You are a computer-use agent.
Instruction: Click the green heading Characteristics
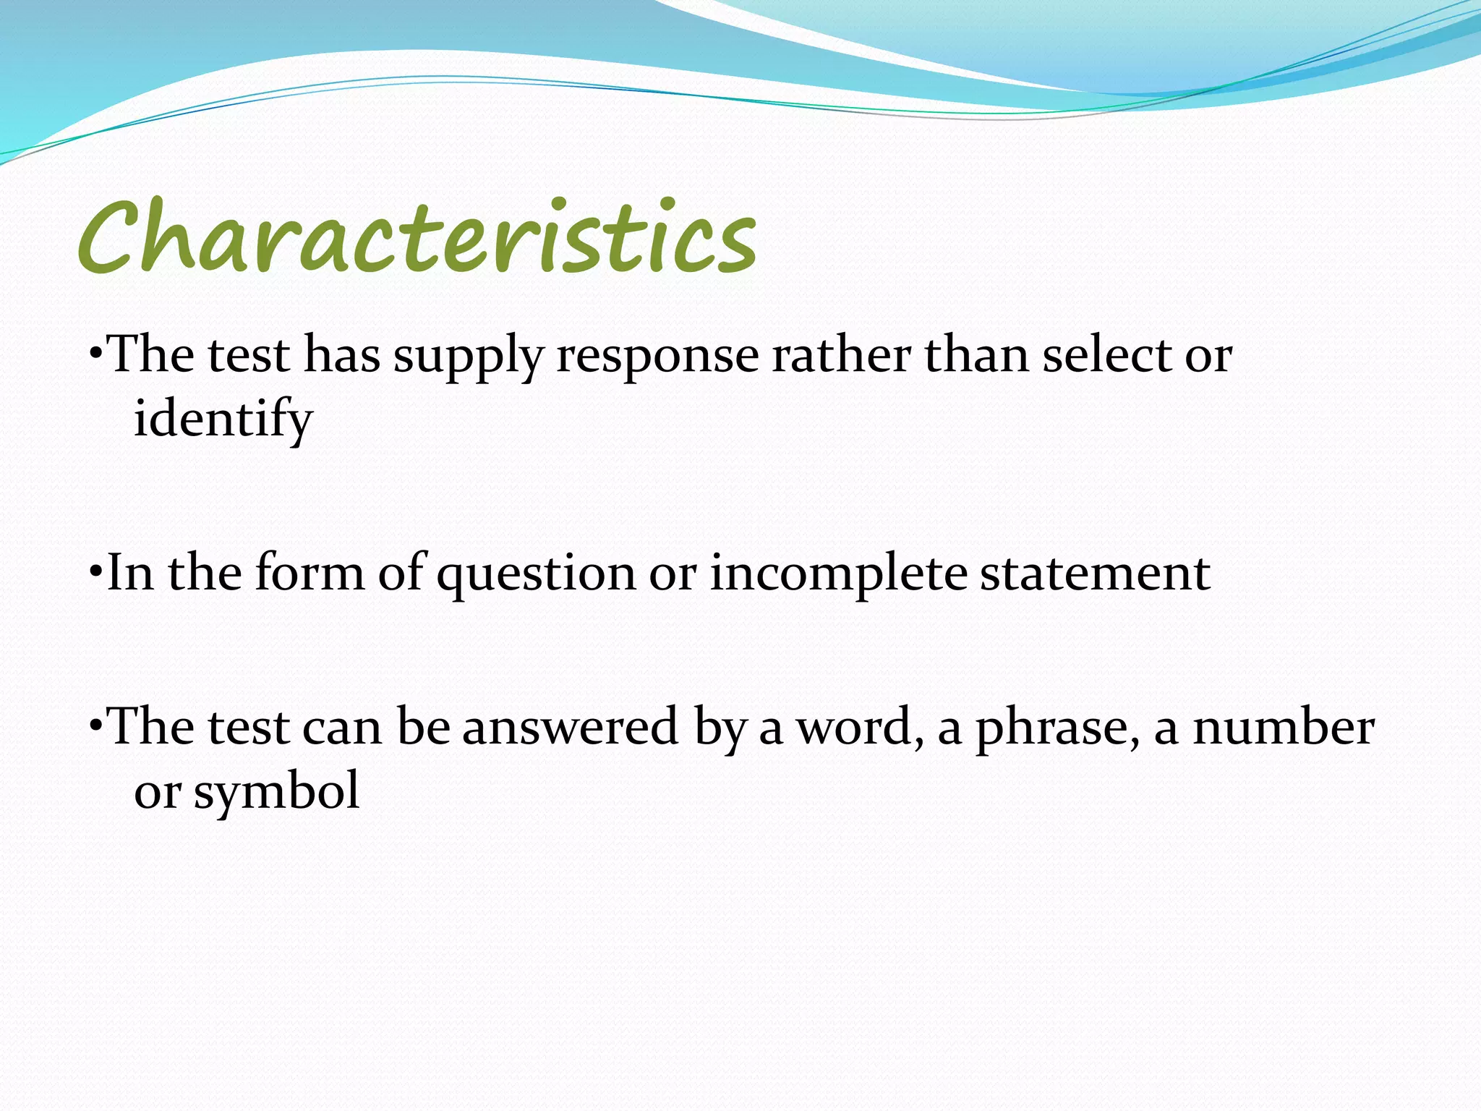(x=417, y=237)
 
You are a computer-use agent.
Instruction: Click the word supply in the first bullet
(x=468, y=357)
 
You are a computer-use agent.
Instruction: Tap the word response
(x=657, y=357)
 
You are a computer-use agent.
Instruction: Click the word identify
(x=223, y=420)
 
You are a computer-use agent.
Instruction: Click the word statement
(x=1095, y=574)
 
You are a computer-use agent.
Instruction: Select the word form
(x=310, y=572)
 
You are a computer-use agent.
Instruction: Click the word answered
(x=570, y=727)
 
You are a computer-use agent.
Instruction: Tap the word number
(x=1283, y=727)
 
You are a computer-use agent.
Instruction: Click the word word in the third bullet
(x=860, y=727)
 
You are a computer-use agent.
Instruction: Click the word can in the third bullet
(x=341, y=728)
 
